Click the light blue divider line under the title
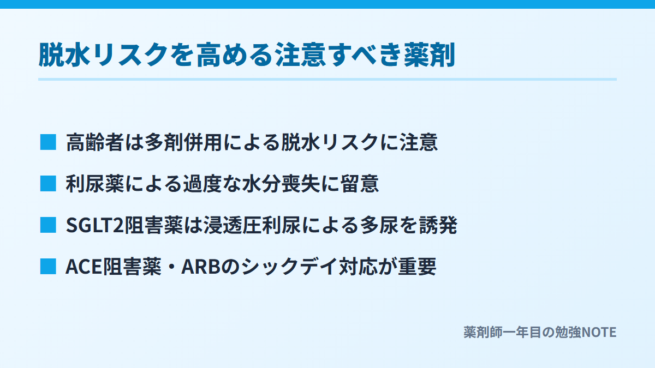[x=327, y=79]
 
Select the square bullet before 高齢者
[x=48, y=142]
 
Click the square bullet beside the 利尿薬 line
[x=48, y=184]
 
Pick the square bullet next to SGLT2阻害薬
[x=48, y=225]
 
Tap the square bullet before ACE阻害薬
[x=48, y=267]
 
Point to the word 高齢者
[x=95, y=142]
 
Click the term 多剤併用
[x=183, y=142]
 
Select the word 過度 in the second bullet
[x=203, y=184]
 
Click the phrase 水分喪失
[x=281, y=184]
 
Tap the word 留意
[x=360, y=184]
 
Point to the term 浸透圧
[x=233, y=225]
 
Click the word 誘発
[x=438, y=225]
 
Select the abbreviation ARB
[x=201, y=267]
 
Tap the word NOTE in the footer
[x=599, y=333]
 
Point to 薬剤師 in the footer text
[x=483, y=333]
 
